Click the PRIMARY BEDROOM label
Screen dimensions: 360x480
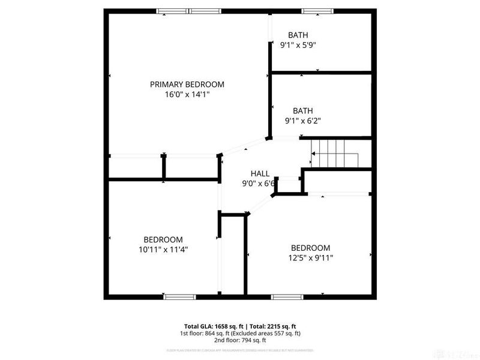pos(187,85)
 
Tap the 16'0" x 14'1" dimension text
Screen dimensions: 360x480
pos(187,95)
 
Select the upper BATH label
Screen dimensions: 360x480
pos(298,35)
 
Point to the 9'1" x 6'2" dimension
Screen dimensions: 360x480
pos(303,120)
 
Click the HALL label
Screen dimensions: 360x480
pos(259,173)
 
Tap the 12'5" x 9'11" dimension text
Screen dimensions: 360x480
pos(311,258)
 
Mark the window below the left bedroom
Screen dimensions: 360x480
pos(180,296)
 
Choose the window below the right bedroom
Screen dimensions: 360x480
pos(287,296)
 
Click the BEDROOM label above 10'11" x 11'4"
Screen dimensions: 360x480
pos(163,239)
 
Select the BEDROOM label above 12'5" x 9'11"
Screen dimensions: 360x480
pos(310,248)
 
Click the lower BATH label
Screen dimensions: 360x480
pos(303,110)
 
